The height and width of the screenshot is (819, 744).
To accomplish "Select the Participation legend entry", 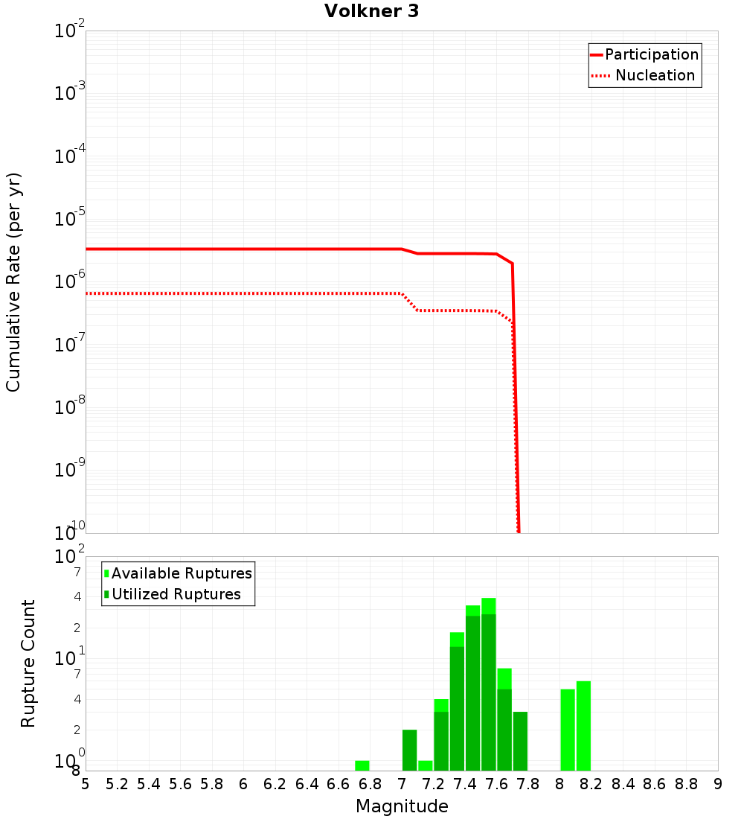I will [x=651, y=54].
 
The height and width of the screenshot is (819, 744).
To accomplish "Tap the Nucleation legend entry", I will [x=654, y=75].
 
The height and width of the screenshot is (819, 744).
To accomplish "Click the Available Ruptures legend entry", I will [x=182, y=573].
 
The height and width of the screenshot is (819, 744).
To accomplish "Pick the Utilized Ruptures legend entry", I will [x=176, y=594].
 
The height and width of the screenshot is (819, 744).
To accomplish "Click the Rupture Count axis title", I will [x=28, y=663].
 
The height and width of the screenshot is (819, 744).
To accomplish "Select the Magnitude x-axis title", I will [x=402, y=806].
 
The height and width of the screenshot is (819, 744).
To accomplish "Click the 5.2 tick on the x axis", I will [x=117, y=784].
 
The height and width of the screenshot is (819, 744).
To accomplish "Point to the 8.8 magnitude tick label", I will [x=686, y=784].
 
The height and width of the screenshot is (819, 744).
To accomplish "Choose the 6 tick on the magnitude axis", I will [x=243, y=784].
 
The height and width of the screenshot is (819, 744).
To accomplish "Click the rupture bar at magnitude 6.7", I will [x=362, y=765].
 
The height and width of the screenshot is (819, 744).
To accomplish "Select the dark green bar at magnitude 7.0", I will [x=409, y=750].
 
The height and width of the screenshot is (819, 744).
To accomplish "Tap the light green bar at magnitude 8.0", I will [x=568, y=730].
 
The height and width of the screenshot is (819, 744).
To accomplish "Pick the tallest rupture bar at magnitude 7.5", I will [x=489, y=685].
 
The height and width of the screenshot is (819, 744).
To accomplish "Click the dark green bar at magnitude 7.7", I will [x=520, y=741].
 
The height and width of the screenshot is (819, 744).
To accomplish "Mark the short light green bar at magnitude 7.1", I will [x=426, y=765].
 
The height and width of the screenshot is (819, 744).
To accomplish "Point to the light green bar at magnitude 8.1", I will [x=583, y=726].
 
